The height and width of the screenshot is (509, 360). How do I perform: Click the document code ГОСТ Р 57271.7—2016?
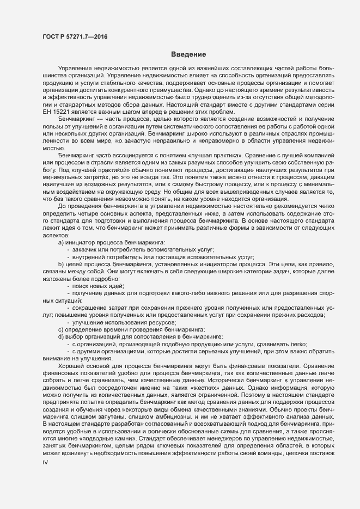(74, 36)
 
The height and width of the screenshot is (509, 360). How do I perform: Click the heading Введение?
(188, 54)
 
